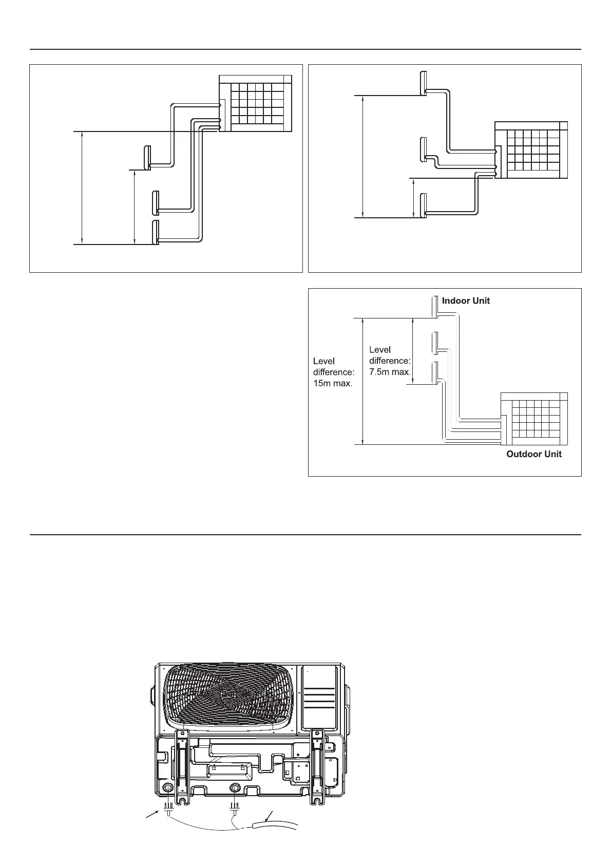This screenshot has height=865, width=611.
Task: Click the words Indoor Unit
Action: point(466,300)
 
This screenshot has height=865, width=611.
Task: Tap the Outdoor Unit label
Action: point(533,454)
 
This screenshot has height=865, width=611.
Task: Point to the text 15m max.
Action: point(332,383)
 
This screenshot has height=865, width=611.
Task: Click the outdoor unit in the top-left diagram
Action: point(256,103)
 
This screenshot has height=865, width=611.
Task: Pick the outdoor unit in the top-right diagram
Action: point(531,150)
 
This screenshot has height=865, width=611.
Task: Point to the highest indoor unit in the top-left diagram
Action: point(147,157)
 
